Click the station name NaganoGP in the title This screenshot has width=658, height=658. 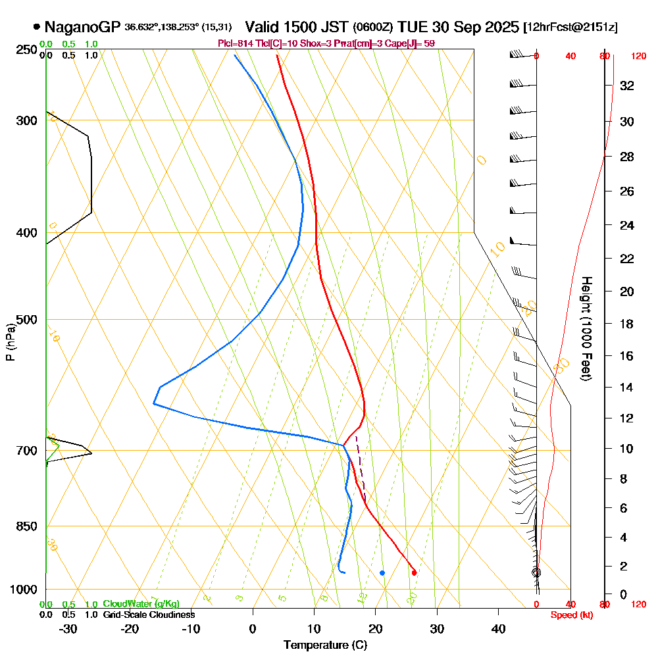tap(83, 27)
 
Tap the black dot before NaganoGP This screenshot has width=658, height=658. tap(36, 27)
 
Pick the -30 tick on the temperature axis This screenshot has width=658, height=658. tap(68, 629)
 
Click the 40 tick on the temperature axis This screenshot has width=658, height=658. tap(499, 629)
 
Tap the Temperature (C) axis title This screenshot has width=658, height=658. tap(325, 645)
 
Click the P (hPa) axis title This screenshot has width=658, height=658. tap(10, 341)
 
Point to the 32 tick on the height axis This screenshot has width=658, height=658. tap(627, 86)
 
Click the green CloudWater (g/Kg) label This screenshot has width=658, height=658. tap(141, 604)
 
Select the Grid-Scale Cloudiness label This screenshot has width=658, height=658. tap(149, 615)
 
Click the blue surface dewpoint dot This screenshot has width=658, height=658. tap(382, 572)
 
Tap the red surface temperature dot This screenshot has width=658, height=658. tap(414, 572)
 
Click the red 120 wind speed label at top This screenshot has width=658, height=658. tap(638, 57)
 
